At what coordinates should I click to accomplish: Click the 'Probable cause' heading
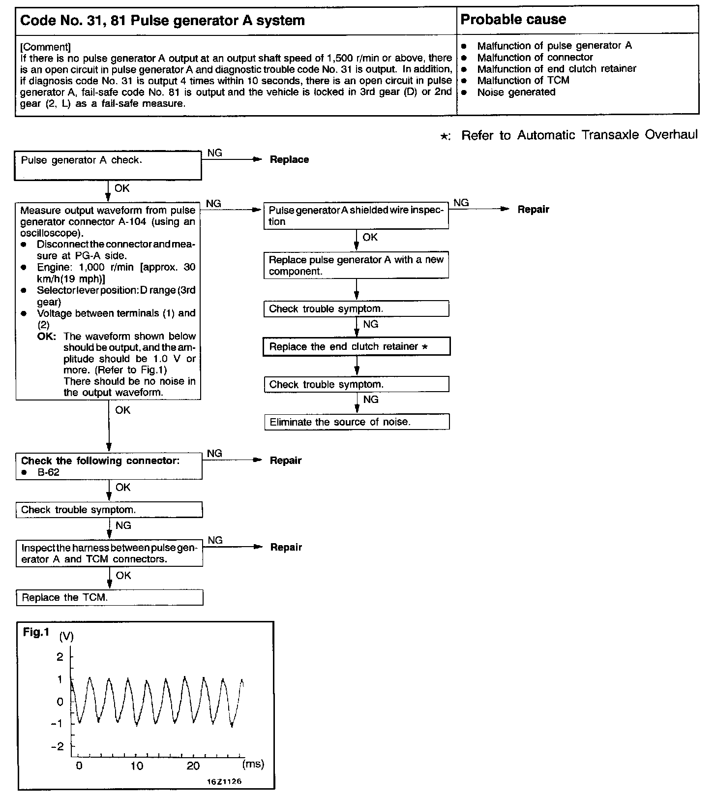pos(513,20)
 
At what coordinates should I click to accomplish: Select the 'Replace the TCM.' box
pos(109,598)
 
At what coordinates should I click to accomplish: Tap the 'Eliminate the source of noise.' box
pos(357,422)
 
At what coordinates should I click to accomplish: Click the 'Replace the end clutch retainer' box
pos(357,346)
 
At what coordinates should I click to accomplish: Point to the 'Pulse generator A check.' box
pos(108,165)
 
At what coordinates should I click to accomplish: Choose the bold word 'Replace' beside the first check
pos(289,159)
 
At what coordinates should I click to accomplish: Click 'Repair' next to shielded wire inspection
pos(533,210)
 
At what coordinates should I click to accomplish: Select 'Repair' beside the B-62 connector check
pos(286,461)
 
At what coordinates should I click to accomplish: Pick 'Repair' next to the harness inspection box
pos(286,547)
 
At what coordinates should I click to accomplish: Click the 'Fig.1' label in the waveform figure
pos(36,632)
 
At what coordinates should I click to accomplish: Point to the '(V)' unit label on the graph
pos(66,637)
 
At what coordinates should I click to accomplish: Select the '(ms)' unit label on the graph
pos(253,764)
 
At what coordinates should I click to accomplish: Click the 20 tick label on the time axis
pos(193,766)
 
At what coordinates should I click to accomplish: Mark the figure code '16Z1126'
pos(224,781)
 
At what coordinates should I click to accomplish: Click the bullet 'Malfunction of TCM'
pos(523,80)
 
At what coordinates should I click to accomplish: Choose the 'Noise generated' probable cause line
pos(516,92)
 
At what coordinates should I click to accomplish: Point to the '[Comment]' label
pos(45,47)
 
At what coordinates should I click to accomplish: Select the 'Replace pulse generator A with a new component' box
pos(357,265)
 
